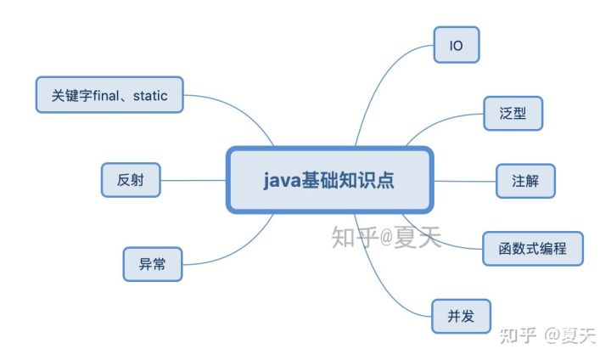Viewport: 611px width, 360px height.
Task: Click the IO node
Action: [x=457, y=45]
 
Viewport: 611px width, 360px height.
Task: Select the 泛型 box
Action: [x=513, y=113]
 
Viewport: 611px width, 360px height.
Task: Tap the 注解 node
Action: [x=525, y=181]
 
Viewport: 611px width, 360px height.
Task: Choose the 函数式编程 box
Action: [x=533, y=249]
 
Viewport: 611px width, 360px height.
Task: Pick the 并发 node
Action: [x=461, y=316]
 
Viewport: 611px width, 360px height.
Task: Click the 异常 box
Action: [x=153, y=264]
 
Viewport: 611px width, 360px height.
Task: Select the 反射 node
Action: [x=131, y=180]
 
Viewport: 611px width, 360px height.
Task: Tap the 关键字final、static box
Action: [x=109, y=95]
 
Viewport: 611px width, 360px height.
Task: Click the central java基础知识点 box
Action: [x=329, y=180]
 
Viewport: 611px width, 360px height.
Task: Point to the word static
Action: [x=150, y=96]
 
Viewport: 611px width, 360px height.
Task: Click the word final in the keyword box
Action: [x=106, y=95]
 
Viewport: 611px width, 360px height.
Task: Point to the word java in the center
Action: [x=283, y=181]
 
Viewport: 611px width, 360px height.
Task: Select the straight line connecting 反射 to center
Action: [x=193, y=180]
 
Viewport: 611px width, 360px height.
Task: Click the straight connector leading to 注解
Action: [x=465, y=181]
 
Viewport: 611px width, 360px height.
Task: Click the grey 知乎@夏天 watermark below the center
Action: [x=386, y=237]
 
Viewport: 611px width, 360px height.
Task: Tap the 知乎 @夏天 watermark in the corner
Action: [x=547, y=335]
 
